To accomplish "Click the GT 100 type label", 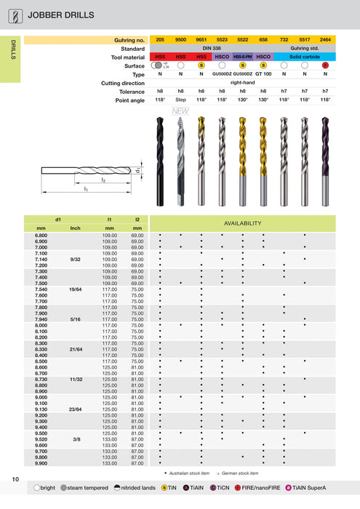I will point(263,73).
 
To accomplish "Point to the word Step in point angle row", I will point(181,100).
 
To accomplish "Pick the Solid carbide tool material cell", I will point(304,56).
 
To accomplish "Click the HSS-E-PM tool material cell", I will point(242,56).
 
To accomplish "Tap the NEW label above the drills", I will point(180,111).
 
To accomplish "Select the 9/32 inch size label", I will point(75,259).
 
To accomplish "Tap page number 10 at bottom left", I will point(15,478).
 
